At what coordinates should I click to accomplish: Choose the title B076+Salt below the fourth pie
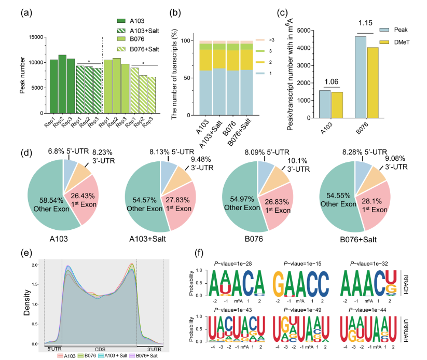363,240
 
